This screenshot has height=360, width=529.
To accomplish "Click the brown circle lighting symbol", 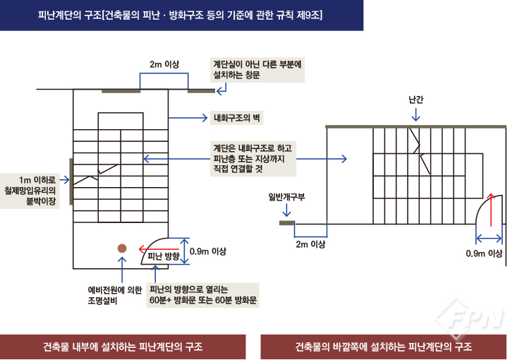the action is click(122, 248).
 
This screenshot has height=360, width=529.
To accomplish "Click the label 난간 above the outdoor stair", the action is click(415, 100).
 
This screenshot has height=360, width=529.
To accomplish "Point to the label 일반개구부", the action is click(286, 196).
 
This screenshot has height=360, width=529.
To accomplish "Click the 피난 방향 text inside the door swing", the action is click(164, 257).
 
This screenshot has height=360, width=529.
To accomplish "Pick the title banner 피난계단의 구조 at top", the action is click(181, 15).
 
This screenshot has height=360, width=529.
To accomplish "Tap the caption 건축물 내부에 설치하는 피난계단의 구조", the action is click(122, 347).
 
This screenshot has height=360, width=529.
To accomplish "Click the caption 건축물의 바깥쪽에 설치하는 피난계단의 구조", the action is click(384, 347).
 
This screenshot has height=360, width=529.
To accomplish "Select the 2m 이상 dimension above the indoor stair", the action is click(164, 64).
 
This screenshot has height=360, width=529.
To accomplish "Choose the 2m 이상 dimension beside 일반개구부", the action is click(310, 244).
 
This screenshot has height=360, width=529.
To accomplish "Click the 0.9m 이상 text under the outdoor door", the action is click(484, 253).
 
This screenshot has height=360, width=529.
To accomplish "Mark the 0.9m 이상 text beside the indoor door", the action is click(209, 251).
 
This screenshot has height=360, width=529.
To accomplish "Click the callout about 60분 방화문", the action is click(202, 294).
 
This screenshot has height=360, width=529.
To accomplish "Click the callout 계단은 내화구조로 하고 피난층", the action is click(252, 159).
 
